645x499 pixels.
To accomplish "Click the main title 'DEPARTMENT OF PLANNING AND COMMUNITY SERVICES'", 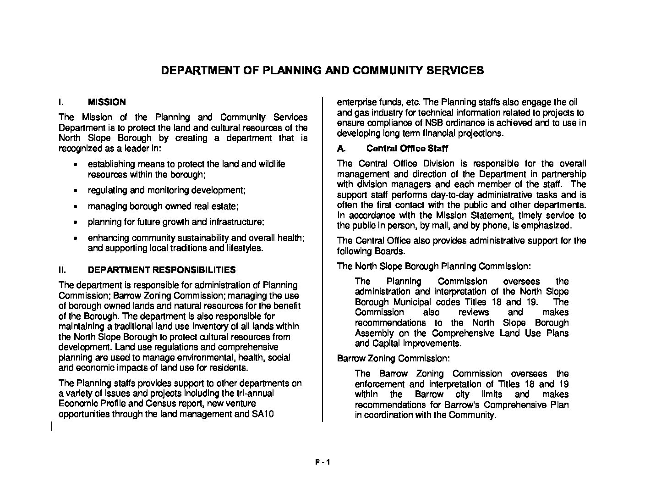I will (322, 71).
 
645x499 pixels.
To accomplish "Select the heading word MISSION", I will (107, 102).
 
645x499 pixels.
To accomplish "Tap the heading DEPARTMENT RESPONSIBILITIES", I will (162, 270).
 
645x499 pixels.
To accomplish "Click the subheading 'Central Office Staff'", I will (407, 149).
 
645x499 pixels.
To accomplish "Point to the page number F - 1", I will (322, 462).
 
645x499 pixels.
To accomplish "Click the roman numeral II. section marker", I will (63, 270).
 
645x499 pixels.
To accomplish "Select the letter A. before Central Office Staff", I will (341, 149).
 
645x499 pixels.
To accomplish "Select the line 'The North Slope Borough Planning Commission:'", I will (434, 266).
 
